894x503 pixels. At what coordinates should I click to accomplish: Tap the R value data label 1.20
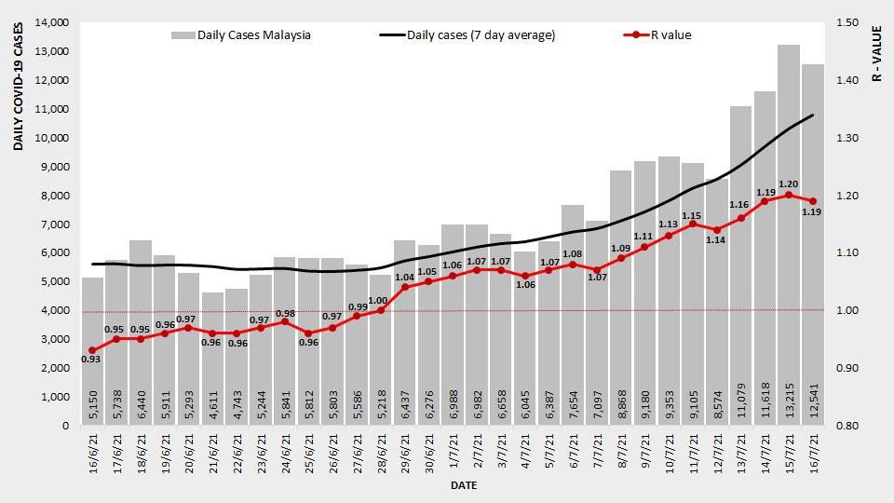tap(789, 184)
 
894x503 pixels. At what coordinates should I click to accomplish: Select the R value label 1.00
tap(379, 300)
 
